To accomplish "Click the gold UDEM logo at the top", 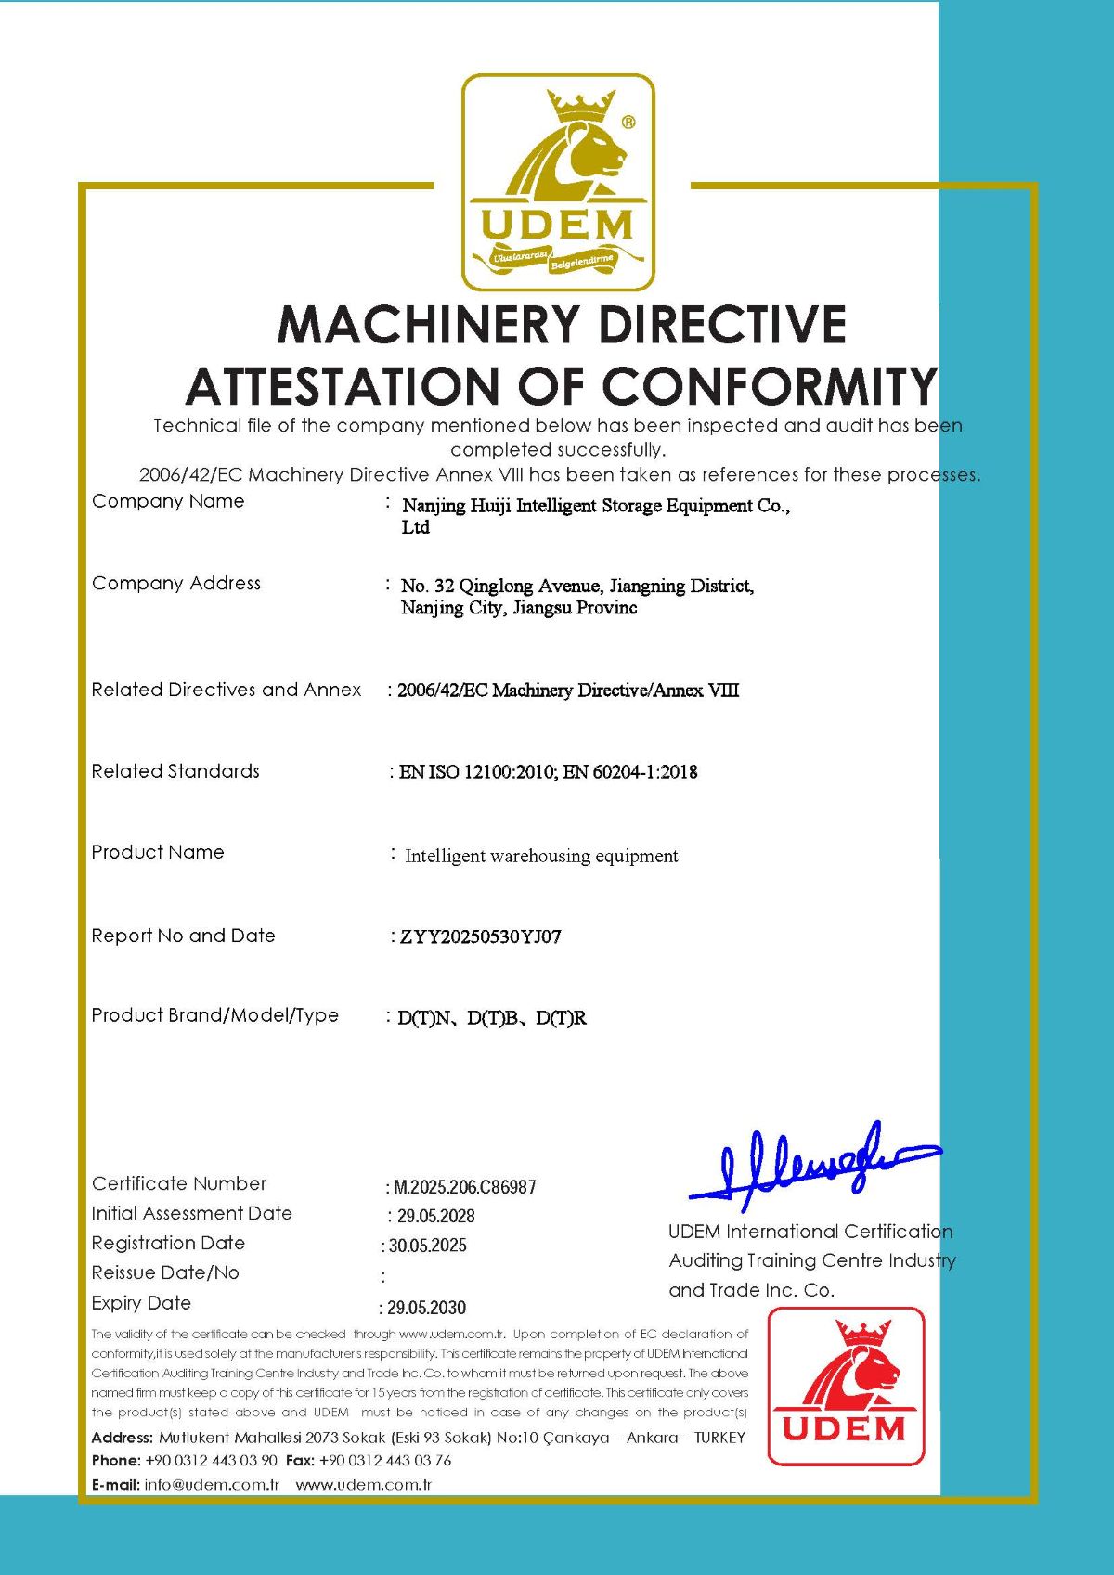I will [x=558, y=182].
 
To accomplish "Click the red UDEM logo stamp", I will [x=846, y=1387].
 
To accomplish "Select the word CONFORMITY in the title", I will [x=770, y=386].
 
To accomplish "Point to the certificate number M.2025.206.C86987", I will [x=464, y=1187].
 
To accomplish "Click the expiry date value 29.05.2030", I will [x=426, y=1308].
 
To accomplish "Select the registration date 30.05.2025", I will [x=427, y=1246].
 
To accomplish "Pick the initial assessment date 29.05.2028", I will [x=435, y=1216].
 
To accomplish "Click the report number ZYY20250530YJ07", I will [x=480, y=936].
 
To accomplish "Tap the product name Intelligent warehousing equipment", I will [x=541, y=856].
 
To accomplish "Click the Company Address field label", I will [x=176, y=583].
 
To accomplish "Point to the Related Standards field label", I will [x=175, y=771].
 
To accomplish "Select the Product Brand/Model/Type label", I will [x=214, y=1015].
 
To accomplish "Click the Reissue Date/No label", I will [x=165, y=1272].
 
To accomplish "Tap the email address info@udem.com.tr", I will [x=212, y=1485].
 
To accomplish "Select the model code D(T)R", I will [x=562, y=1018].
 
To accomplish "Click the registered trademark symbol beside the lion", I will [x=628, y=122].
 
